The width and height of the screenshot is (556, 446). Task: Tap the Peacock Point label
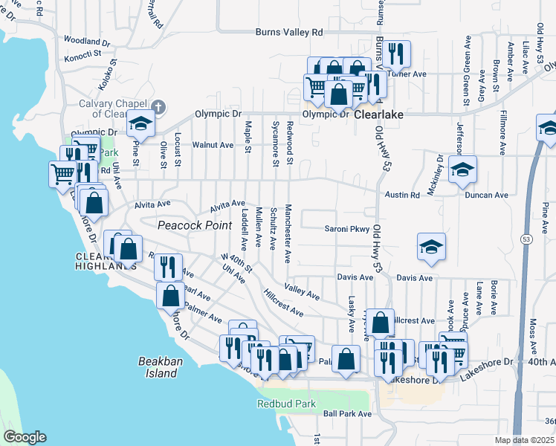[x=188, y=224]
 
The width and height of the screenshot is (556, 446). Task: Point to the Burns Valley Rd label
[x=289, y=33]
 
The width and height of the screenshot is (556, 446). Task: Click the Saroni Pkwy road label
[x=346, y=229]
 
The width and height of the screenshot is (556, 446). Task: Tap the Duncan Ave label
[x=487, y=195]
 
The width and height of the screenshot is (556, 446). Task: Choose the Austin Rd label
[x=403, y=195]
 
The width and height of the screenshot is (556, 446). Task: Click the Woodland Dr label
[x=87, y=40]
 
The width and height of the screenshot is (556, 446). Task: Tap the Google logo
[x=25, y=437]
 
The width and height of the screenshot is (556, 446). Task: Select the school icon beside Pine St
[x=139, y=123]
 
